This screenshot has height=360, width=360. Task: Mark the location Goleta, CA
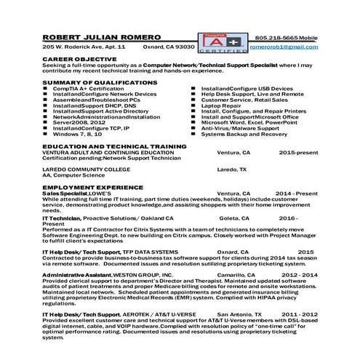point(233,217)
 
